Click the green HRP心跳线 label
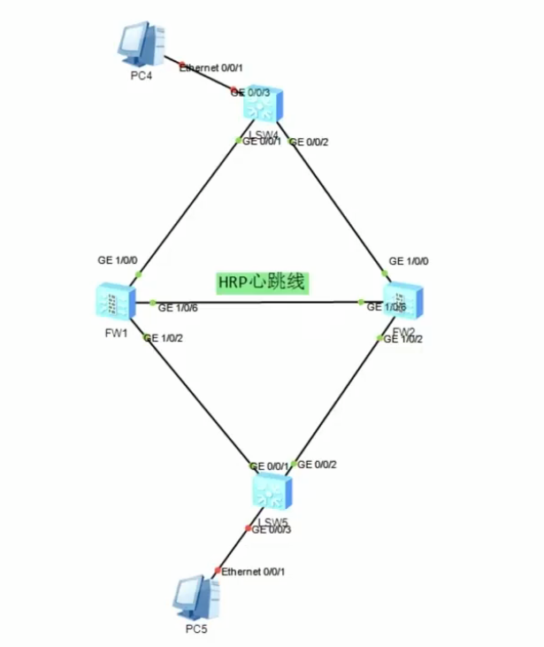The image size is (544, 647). click(261, 283)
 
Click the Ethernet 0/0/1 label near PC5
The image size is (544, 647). click(253, 572)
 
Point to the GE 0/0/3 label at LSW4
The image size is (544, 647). click(251, 92)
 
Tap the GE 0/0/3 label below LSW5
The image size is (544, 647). click(272, 530)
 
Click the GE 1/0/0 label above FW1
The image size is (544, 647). click(118, 261)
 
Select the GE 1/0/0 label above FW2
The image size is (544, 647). click(409, 262)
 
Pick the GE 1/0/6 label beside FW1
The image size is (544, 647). click(178, 307)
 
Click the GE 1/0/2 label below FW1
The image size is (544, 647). click(166, 338)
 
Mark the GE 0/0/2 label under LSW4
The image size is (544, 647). click(310, 142)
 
